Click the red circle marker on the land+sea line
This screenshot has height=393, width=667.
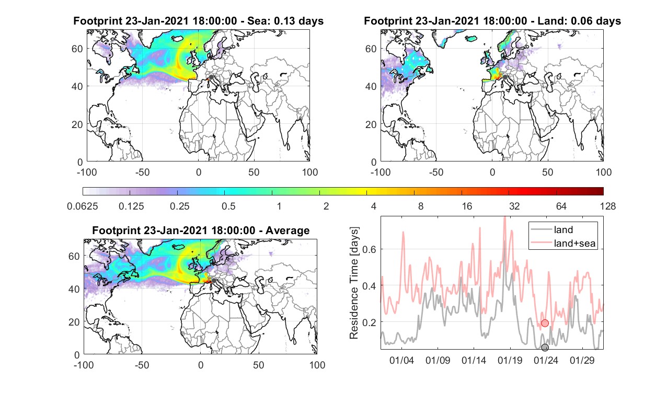pyautogui.click(x=545, y=323)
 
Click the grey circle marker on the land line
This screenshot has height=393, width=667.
pyautogui.click(x=545, y=348)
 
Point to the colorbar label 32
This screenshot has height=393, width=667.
pyautogui.click(x=514, y=206)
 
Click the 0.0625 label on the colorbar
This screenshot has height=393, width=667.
pyautogui.click(x=83, y=206)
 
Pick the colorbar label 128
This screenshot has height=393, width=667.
pyautogui.click(x=608, y=206)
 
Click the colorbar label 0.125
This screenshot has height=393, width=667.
pyautogui.click(x=131, y=206)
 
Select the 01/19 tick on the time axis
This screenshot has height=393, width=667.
pyautogui.click(x=510, y=360)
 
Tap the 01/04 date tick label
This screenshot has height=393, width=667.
pyautogui.click(x=401, y=360)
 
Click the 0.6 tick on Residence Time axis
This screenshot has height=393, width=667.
pyautogui.click(x=369, y=249)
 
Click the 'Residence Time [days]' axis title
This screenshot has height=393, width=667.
pyautogui.click(x=354, y=283)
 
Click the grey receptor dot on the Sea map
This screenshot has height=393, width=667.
pyautogui.click(x=211, y=77)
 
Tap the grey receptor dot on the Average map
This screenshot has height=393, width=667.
pyautogui.click(x=214, y=281)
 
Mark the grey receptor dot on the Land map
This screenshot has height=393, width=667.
pyautogui.click(x=505, y=77)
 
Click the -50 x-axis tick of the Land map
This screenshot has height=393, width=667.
pyautogui.click(x=436, y=172)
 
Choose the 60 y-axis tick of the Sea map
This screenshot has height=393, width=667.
pyautogui.click(x=77, y=49)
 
